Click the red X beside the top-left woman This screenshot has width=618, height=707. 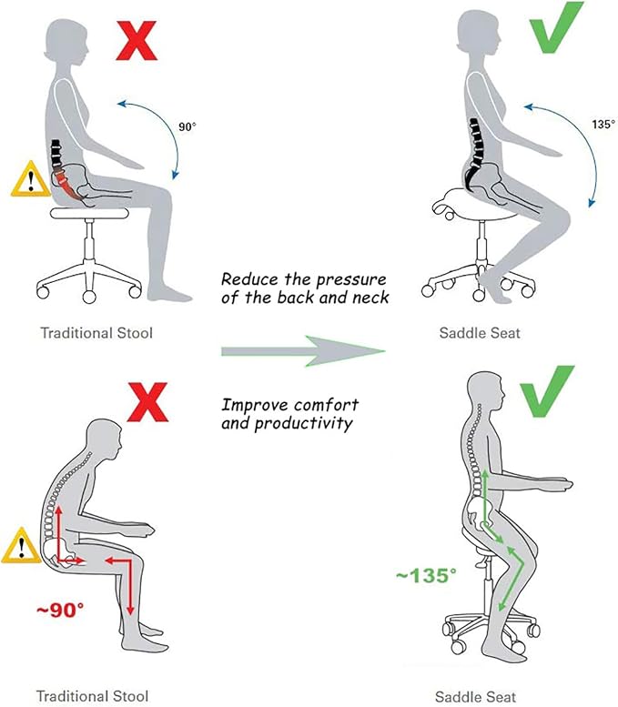click(x=137, y=42)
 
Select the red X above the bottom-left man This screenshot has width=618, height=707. click(x=147, y=402)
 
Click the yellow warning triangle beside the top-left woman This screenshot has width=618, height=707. click(x=30, y=179)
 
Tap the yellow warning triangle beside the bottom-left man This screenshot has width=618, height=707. click(x=21, y=546)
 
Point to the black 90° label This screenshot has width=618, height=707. click(x=187, y=127)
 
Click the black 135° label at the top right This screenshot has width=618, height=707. click(x=603, y=124)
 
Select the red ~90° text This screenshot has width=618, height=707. click(x=60, y=610)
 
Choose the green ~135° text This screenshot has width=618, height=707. click(x=426, y=575)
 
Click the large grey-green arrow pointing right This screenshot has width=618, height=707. click(x=303, y=351)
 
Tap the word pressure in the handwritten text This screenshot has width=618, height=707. click(x=351, y=280)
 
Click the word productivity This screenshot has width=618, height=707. click(x=304, y=424)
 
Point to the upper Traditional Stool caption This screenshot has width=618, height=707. click(x=96, y=333)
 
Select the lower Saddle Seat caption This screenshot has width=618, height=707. click(x=475, y=697)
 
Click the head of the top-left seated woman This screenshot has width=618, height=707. click(x=65, y=43)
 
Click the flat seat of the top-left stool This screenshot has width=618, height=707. click(x=90, y=213)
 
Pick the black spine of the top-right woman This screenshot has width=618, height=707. click(x=474, y=151)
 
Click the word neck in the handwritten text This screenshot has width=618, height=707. click(x=370, y=298)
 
